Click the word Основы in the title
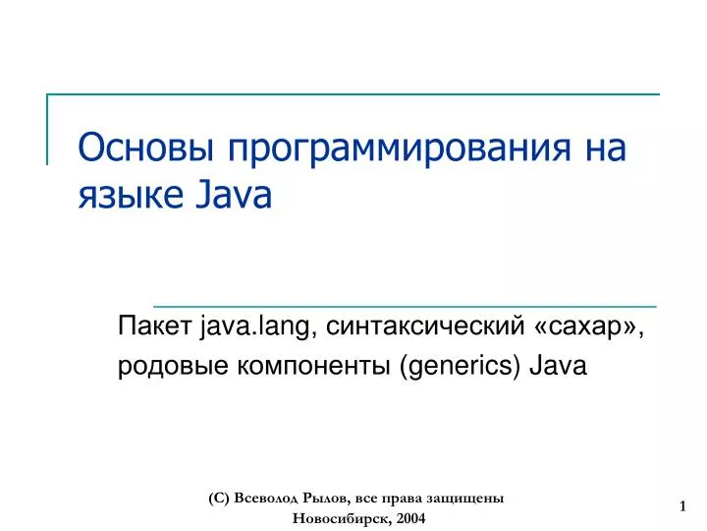(146, 149)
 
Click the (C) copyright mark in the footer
(219, 499)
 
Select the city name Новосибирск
(340, 518)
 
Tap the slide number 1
(681, 506)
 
